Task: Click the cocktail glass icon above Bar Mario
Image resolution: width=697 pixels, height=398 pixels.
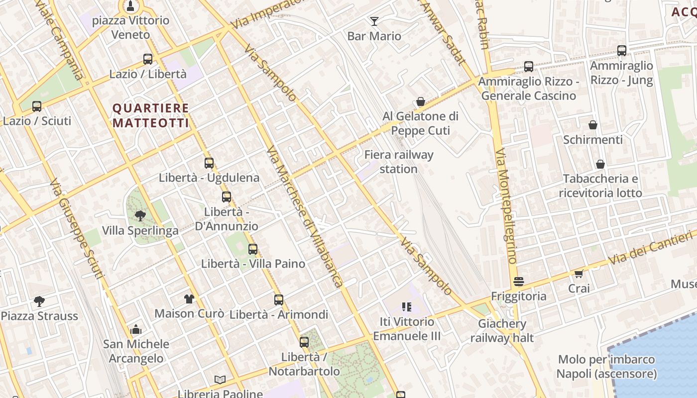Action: [x=374, y=21]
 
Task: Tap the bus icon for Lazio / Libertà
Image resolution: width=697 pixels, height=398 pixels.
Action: [x=148, y=59]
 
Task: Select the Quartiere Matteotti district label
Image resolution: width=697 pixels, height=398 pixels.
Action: [x=150, y=115]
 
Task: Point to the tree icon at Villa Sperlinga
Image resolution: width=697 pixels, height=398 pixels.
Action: [x=140, y=216]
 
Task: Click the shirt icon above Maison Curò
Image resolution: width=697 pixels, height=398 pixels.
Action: [x=189, y=298]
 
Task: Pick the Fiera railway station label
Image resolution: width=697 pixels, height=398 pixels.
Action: [x=399, y=162]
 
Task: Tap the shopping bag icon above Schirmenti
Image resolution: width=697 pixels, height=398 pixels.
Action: [x=592, y=125]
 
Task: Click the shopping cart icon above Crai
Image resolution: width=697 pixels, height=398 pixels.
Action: [x=579, y=274]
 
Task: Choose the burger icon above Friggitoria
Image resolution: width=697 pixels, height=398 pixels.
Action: [x=519, y=282]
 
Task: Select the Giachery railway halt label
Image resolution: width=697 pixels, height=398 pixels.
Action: [x=502, y=331]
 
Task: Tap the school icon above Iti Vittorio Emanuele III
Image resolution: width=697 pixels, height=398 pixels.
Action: [x=406, y=307]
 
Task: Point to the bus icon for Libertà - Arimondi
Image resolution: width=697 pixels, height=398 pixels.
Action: [x=279, y=300]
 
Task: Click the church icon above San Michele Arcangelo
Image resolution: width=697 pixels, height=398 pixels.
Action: [x=136, y=329]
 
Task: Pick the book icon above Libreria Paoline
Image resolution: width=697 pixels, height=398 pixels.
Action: [x=220, y=380]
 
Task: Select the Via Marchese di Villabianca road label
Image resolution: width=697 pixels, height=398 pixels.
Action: [x=305, y=216]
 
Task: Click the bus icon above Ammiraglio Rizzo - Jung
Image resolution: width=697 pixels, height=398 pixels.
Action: [x=622, y=51]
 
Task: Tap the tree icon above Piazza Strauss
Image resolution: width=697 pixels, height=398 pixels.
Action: [x=39, y=301]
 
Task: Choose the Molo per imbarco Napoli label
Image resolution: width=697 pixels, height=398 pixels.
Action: [x=606, y=367]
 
